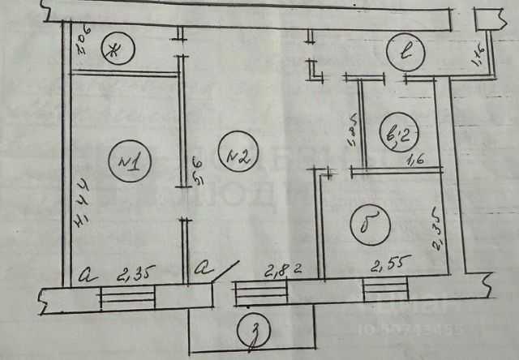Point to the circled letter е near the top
(x=404, y=53)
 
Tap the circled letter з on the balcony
(x=254, y=332)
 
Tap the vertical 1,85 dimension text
(x=352, y=131)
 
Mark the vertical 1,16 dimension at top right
(x=477, y=54)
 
